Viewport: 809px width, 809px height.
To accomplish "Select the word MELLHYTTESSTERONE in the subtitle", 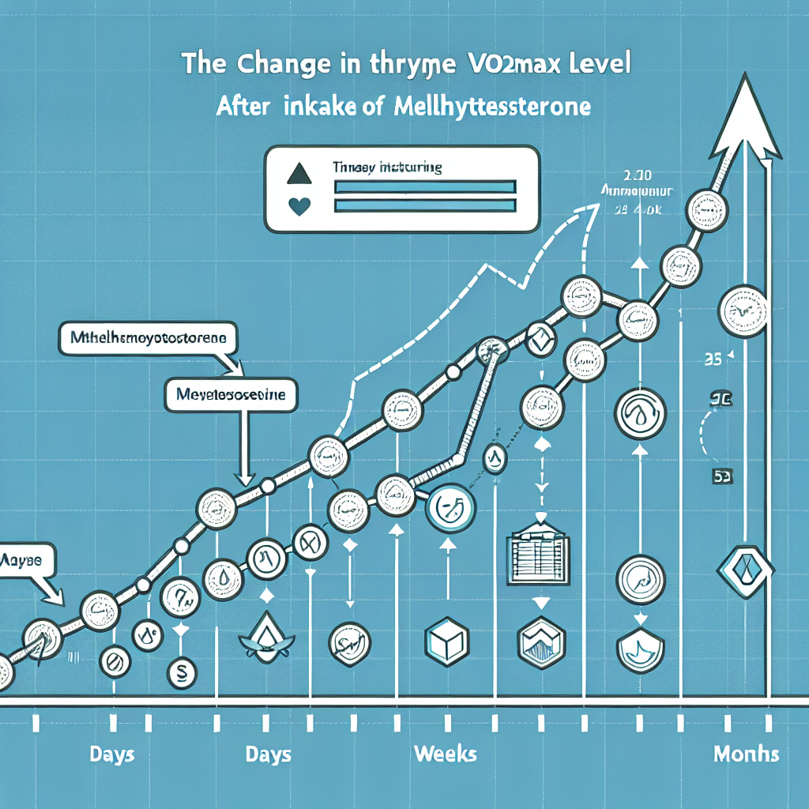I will (491, 107).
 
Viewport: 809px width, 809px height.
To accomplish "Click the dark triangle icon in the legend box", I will (299, 173).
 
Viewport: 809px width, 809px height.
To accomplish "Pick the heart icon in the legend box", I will (299, 206).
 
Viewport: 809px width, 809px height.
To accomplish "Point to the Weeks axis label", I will (445, 753).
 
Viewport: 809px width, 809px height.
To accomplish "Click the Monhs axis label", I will (746, 754).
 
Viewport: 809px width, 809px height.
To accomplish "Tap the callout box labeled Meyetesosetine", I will (231, 394).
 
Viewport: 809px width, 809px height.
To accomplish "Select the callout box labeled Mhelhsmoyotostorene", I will (148, 338).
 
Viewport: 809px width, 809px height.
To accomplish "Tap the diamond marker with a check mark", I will (541, 341).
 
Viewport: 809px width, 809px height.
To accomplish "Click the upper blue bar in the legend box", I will (425, 186).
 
